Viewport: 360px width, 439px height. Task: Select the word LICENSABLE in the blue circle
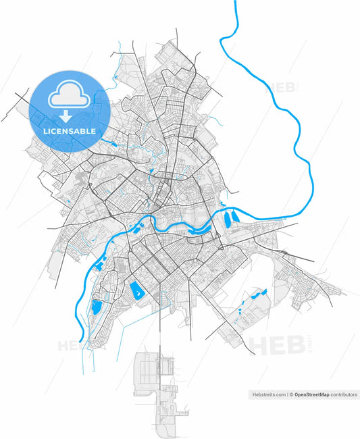[69, 130]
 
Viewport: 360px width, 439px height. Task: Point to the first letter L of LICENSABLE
[44, 130]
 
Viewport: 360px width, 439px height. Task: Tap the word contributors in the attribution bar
[344, 394]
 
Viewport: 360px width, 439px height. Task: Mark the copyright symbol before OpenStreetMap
[291, 394]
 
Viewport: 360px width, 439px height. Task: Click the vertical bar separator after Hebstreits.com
[287, 394]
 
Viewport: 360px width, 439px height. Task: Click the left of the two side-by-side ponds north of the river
[227, 217]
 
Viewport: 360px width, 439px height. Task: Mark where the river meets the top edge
[236, 2]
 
